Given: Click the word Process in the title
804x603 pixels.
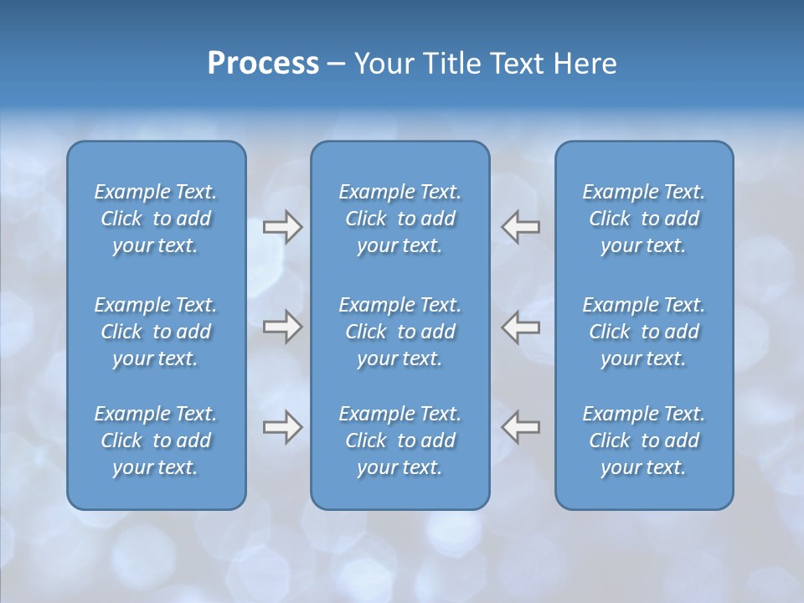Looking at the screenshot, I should (263, 64).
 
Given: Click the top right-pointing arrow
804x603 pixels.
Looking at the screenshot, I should (282, 227).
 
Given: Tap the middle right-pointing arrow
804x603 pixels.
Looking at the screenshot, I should (282, 327).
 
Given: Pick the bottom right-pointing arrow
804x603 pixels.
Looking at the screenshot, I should (282, 427).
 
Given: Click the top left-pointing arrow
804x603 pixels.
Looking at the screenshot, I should (521, 227).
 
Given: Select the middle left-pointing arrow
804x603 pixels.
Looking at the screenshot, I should (521, 327).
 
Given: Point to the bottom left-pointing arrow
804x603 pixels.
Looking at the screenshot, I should (521, 427).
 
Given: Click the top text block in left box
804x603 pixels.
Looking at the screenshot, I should (156, 219).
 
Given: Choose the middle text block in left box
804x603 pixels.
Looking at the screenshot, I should (156, 332).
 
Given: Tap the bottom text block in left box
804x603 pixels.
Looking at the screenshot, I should (156, 441).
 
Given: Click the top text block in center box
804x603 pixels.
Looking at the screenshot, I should (400, 219).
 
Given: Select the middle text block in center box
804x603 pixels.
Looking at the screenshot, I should (400, 332).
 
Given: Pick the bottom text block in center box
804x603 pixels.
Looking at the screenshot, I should (400, 441).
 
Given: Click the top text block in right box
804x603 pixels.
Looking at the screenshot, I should (644, 219).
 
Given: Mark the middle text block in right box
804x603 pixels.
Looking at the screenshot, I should (644, 332).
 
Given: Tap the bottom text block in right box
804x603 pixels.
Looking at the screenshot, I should (644, 441).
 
